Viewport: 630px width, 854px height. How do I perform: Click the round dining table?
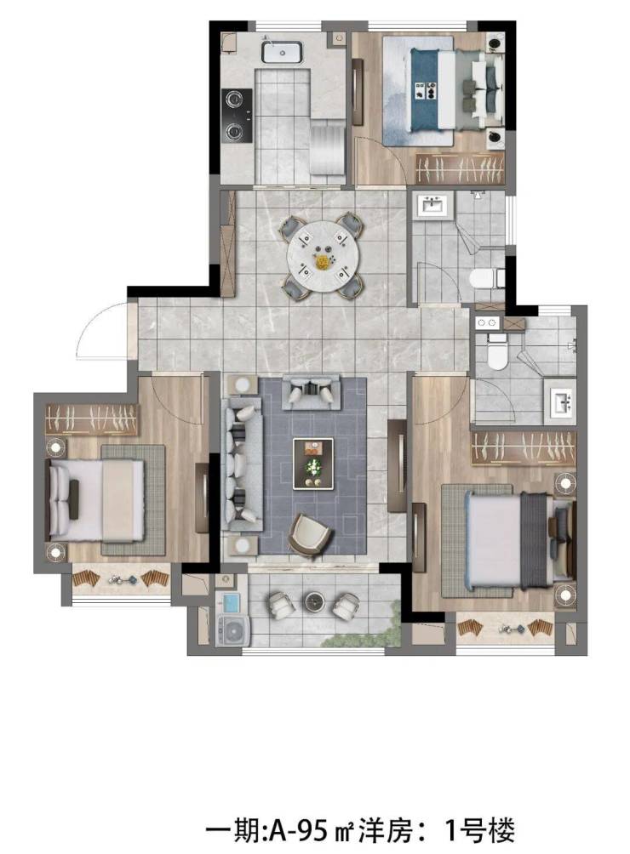[x=322, y=255]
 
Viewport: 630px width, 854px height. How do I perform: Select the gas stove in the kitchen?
[x=237, y=116]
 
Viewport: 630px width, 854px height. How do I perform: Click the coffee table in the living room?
[x=312, y=464]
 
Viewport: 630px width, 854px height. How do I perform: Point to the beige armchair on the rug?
[x=310, y=535]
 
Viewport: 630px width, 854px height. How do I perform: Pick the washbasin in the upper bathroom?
[x=433, y=205]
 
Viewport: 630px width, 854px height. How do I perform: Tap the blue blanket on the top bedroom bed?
[x=425, y=90]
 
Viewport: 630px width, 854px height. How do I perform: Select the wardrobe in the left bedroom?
[x=92, y=418]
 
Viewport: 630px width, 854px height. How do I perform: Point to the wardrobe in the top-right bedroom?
[x=460, y=168]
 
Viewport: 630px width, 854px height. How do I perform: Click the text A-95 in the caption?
[x=297, y=830]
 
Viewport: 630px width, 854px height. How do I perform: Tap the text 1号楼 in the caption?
[x=479, y=830]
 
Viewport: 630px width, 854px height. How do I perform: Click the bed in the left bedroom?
[x=96, y=500]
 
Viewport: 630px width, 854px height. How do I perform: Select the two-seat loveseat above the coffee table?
[x=311, y=392]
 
